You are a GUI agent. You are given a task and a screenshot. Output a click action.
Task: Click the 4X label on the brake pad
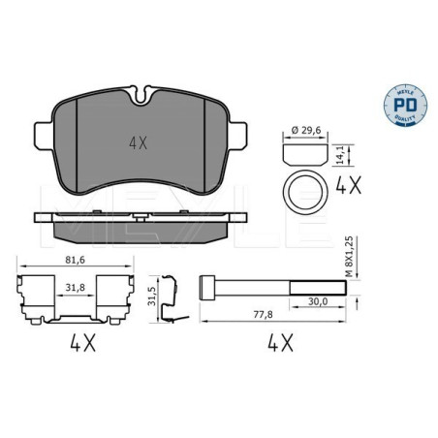(139, 141)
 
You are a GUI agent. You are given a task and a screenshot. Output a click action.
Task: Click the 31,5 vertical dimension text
(149, 296)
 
